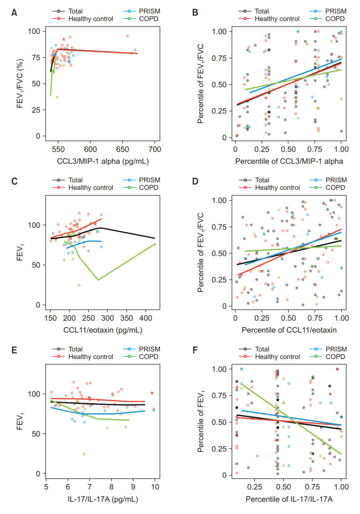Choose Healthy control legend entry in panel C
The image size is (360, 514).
(x=90, y=188)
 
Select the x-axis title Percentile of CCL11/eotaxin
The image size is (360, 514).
(x=288, y=327)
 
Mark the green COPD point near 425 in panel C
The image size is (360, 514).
(x=154, y=244)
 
